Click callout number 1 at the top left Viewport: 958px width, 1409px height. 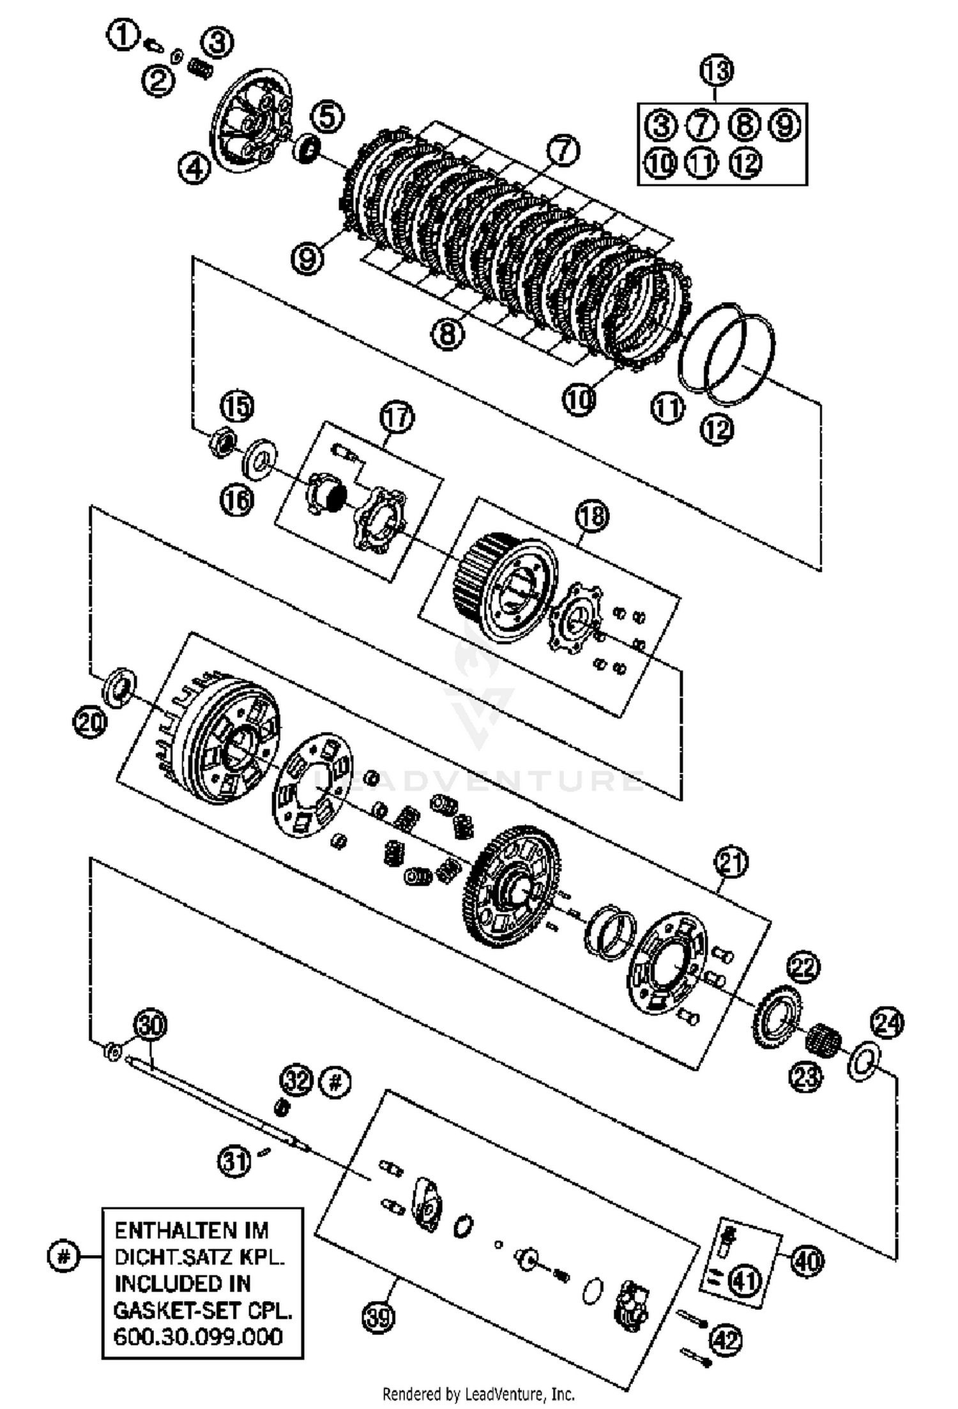(x=123, y=36)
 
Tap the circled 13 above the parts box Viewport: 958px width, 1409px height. (x=717, y=70)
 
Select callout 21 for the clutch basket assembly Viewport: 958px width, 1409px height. (x=731, y=863)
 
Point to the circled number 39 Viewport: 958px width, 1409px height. (x=379, y=1316)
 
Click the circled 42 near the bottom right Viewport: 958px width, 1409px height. (x=726, y=1340)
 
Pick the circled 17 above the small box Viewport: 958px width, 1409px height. (x=397, y=417)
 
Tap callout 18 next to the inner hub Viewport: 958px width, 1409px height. (x=592, y=515)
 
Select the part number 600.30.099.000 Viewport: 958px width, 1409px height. (x=198, y=1337)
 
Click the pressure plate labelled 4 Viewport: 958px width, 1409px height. (x=252, y=121)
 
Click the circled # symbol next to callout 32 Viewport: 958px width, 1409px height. (x=335, y=1081)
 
